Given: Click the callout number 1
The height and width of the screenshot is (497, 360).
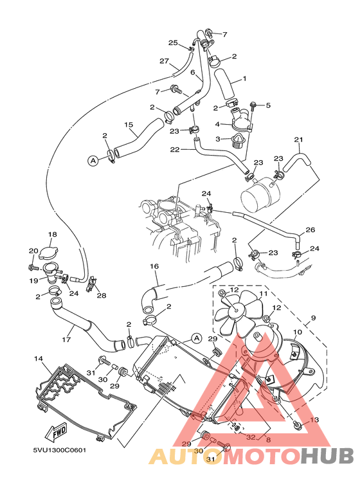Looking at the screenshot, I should click(244, 80).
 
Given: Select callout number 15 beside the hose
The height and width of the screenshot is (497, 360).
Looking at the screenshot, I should click(129, 125).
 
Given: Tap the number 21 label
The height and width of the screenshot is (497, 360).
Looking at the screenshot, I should click(298, 140).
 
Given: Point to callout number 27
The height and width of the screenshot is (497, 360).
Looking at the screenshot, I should click(164, 62).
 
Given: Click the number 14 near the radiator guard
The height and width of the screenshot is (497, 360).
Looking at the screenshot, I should click(38, 358).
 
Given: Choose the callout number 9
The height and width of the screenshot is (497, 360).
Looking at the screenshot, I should click(314, 318).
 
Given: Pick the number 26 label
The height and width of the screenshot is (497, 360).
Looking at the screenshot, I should click(310, 230).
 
